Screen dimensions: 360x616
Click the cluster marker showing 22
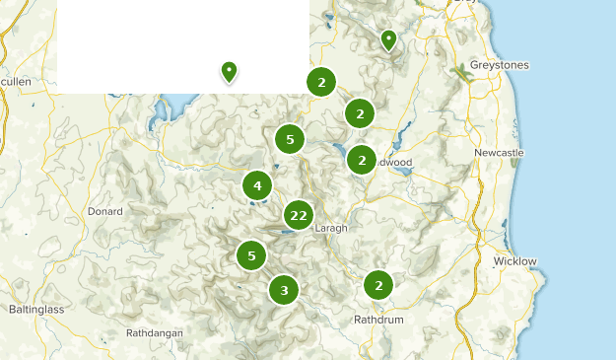(299, 215)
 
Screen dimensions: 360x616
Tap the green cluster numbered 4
(257, 184)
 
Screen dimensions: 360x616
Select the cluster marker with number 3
(284, 290)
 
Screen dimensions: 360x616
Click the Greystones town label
(500, 65)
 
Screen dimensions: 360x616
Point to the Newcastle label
(499, 153)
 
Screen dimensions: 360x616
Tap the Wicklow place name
(514, 261)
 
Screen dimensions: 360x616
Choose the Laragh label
(331, 228)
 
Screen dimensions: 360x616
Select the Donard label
(105, 211)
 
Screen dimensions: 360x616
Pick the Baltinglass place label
(35, 309)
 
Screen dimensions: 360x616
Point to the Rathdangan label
(155, 333)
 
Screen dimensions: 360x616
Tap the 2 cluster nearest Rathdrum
(378, 285)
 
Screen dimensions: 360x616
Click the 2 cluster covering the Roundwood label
(362, 160)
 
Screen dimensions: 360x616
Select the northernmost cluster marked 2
(321, 82)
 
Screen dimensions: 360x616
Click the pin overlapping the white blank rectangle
(229, 71)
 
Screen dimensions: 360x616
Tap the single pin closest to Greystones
(388, 39)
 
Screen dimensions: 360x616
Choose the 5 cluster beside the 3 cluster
(251, 255)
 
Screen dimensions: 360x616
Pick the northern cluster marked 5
(290, 139)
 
